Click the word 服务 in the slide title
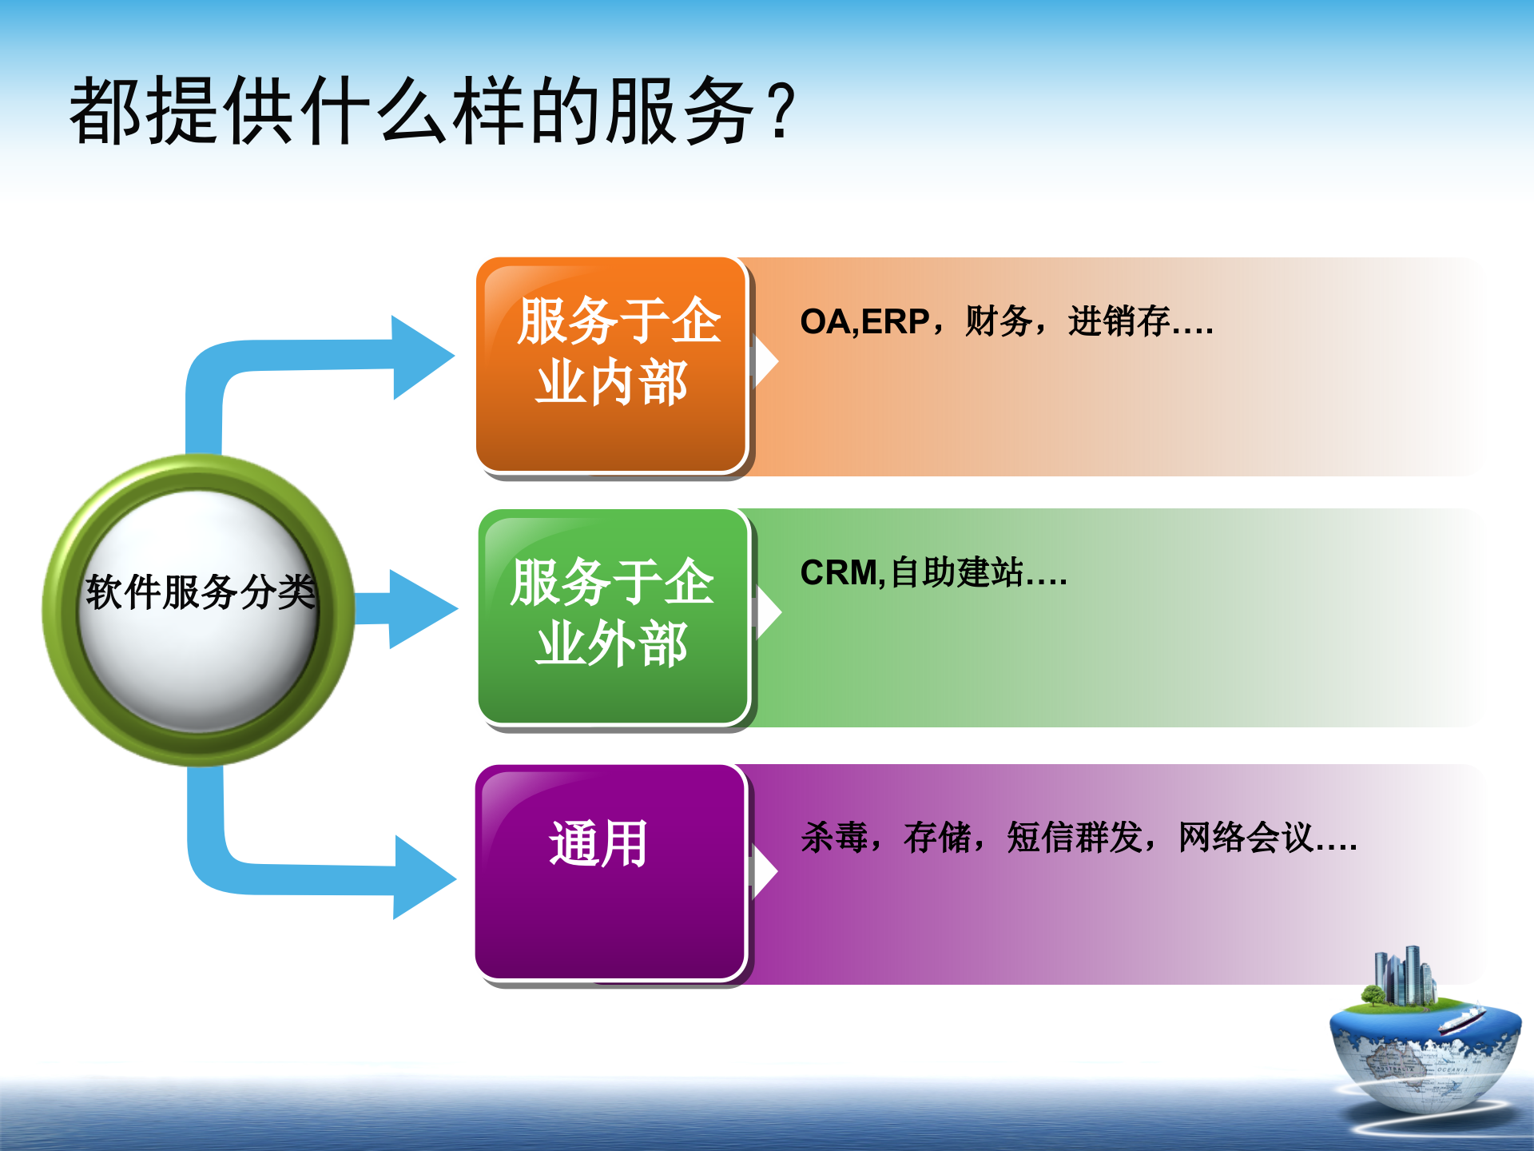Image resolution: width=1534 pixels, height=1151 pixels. point(679,112)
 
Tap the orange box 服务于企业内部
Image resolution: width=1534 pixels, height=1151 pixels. point(611,364)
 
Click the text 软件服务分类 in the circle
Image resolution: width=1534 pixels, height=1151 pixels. point(200,592)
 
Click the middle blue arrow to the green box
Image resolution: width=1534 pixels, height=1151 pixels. point(415,609)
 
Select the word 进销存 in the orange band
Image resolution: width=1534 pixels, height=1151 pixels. point(1119,322)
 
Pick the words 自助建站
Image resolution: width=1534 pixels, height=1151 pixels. point(956,573)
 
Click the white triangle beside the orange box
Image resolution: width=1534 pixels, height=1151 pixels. point(765,361)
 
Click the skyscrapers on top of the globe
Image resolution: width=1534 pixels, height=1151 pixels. point(1404,975)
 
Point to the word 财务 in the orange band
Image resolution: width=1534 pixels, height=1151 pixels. point(999,322)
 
